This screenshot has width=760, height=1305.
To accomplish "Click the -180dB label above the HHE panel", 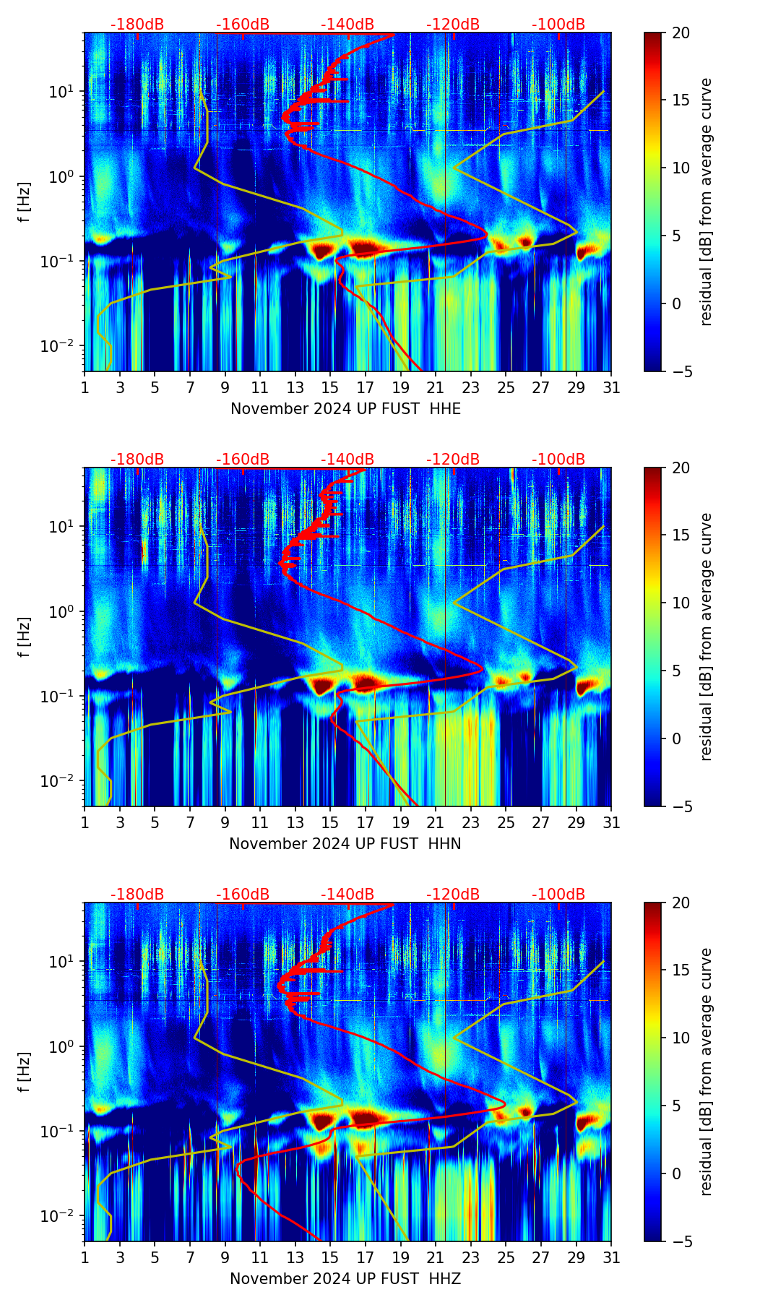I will click(x=137, y=25).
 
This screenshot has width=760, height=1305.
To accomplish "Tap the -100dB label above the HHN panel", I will click(x=558, y=460).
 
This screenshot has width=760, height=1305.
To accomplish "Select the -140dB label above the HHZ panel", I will click(x=347, y=895).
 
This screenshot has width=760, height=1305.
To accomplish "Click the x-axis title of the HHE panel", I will click(x=345, y=409).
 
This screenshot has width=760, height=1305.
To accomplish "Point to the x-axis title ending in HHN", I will click(x=345, y=844).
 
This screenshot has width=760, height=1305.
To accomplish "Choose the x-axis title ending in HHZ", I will click(x=345, y=1279).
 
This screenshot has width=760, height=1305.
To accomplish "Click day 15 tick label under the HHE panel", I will click(x=330, y=388).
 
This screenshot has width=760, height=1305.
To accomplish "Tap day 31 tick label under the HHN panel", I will click(x=611, y=823).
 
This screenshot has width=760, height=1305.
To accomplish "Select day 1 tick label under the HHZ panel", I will click(x=85, y=1258).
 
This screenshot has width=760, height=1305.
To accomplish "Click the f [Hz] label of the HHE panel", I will click(x=25, y=202).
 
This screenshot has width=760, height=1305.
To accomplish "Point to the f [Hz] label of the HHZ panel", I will click(x=25, y=1072).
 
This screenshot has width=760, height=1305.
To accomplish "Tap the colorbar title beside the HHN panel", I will click(x=706, y=637).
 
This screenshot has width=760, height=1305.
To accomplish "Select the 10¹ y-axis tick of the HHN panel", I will click(x=66, y=527).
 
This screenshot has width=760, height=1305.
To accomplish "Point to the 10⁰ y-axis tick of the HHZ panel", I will click(x=66, y=1047).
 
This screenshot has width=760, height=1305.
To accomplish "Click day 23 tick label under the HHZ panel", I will click(x=470, y=1258).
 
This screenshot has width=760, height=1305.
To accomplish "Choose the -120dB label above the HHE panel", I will click(x=453, y=25).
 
